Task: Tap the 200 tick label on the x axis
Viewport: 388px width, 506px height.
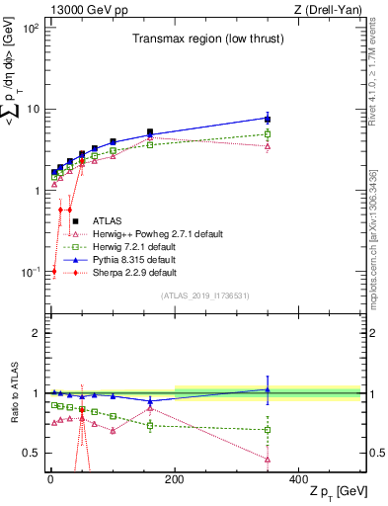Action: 175,477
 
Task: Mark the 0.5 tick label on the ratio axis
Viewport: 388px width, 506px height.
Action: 30,453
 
